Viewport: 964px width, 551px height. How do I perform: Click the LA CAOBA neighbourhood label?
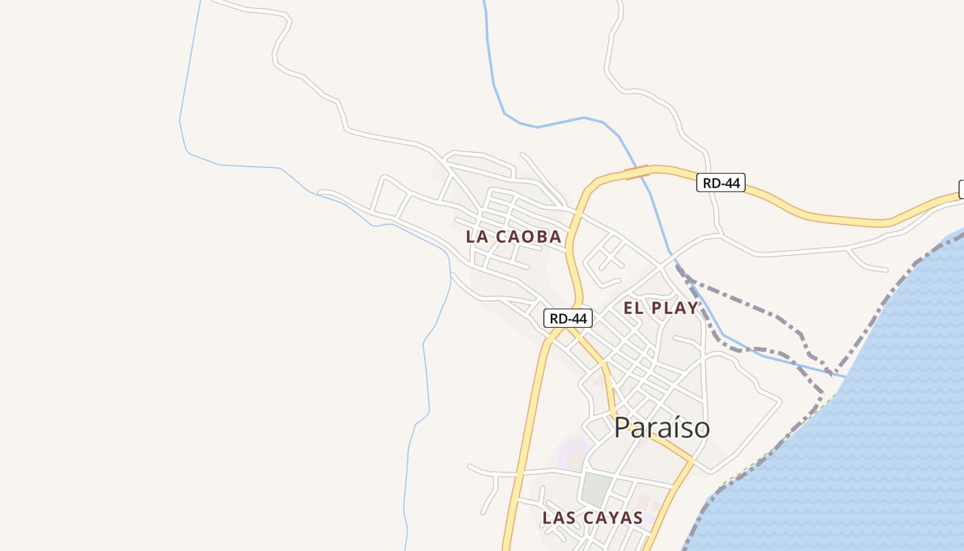pyautogui.click(x=514, y=237)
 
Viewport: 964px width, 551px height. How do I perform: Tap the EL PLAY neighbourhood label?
pyautogui.click(x=660, y=309)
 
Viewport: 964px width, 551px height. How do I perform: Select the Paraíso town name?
pyautogui.click(x=662, y=428)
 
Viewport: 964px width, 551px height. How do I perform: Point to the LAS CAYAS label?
pyautogui.click(x=592, y=518)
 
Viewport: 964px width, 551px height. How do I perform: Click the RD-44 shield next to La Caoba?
pyautogui.click(x=568, y=318)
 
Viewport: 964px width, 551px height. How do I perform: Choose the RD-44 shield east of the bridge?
pyautogui.click(x=721, y=183)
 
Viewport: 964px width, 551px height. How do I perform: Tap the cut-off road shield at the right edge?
pyautogui.click(x=961, y=189)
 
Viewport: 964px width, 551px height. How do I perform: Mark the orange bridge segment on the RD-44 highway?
pyautogui.click(x=636, y=172)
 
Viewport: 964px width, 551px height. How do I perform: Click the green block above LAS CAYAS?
pyautogui.click(x=596, y=488)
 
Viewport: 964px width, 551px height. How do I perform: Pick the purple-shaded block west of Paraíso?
pyautogui.click(x=572, y=455)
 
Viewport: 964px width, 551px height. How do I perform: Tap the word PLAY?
pyautogui.click(x=674, y=309)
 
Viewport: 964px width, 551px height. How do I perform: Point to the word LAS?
pyautogui.click(x=558, y=518)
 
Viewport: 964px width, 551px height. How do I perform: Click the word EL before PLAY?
pyautogui.click(x=633, y=309)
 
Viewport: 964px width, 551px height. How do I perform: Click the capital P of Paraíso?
pyautogui.click(x=622, y=428)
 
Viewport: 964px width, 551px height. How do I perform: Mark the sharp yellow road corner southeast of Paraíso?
pyautogui.click(x=693, y=461)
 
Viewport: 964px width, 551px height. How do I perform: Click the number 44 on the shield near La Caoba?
pyautogui.click(x=579, y=318)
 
